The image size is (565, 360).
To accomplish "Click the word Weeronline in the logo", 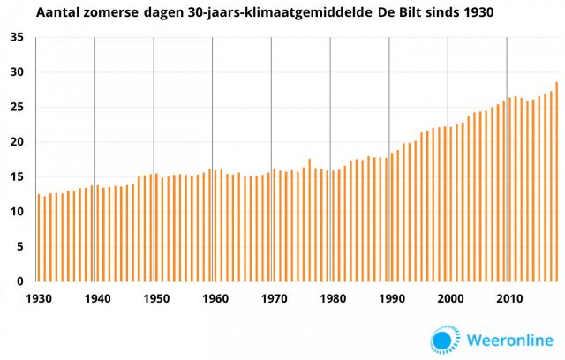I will tap(507, 340).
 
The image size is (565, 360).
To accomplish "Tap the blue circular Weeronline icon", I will tap(445, 340).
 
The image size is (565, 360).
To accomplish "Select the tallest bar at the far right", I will tap(557, 182).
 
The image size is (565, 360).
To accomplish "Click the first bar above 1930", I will tap(39, 238).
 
